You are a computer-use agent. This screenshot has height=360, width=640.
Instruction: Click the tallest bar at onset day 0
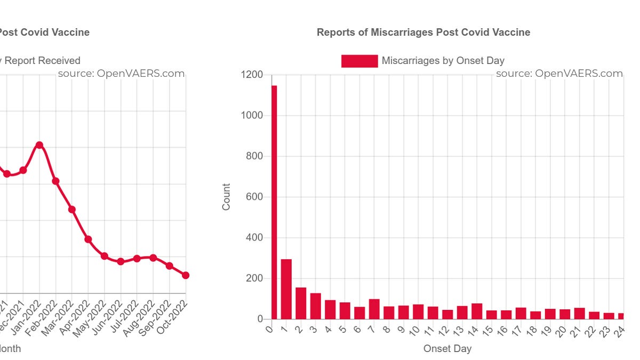point(274,203)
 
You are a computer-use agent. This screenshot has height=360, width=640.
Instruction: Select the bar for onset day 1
point(286,289)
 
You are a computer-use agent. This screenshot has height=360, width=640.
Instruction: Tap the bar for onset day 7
point(374,309)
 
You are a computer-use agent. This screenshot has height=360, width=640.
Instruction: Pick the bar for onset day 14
point(477,311)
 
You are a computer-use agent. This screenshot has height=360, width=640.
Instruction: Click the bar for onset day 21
point(579,314)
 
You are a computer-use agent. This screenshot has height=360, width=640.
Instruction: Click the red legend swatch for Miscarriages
point(359,61)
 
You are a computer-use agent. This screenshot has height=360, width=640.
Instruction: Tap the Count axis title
point(227,197)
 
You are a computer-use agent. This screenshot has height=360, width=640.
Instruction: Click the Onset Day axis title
point(447,349)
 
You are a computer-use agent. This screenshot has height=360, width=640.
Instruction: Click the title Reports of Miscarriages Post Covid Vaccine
point(423,33)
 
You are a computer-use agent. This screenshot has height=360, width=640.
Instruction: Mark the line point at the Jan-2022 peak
point(39,145)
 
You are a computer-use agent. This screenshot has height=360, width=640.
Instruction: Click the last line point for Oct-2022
point(186,275)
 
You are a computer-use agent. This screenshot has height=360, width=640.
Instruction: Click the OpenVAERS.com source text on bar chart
point(559,74)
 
